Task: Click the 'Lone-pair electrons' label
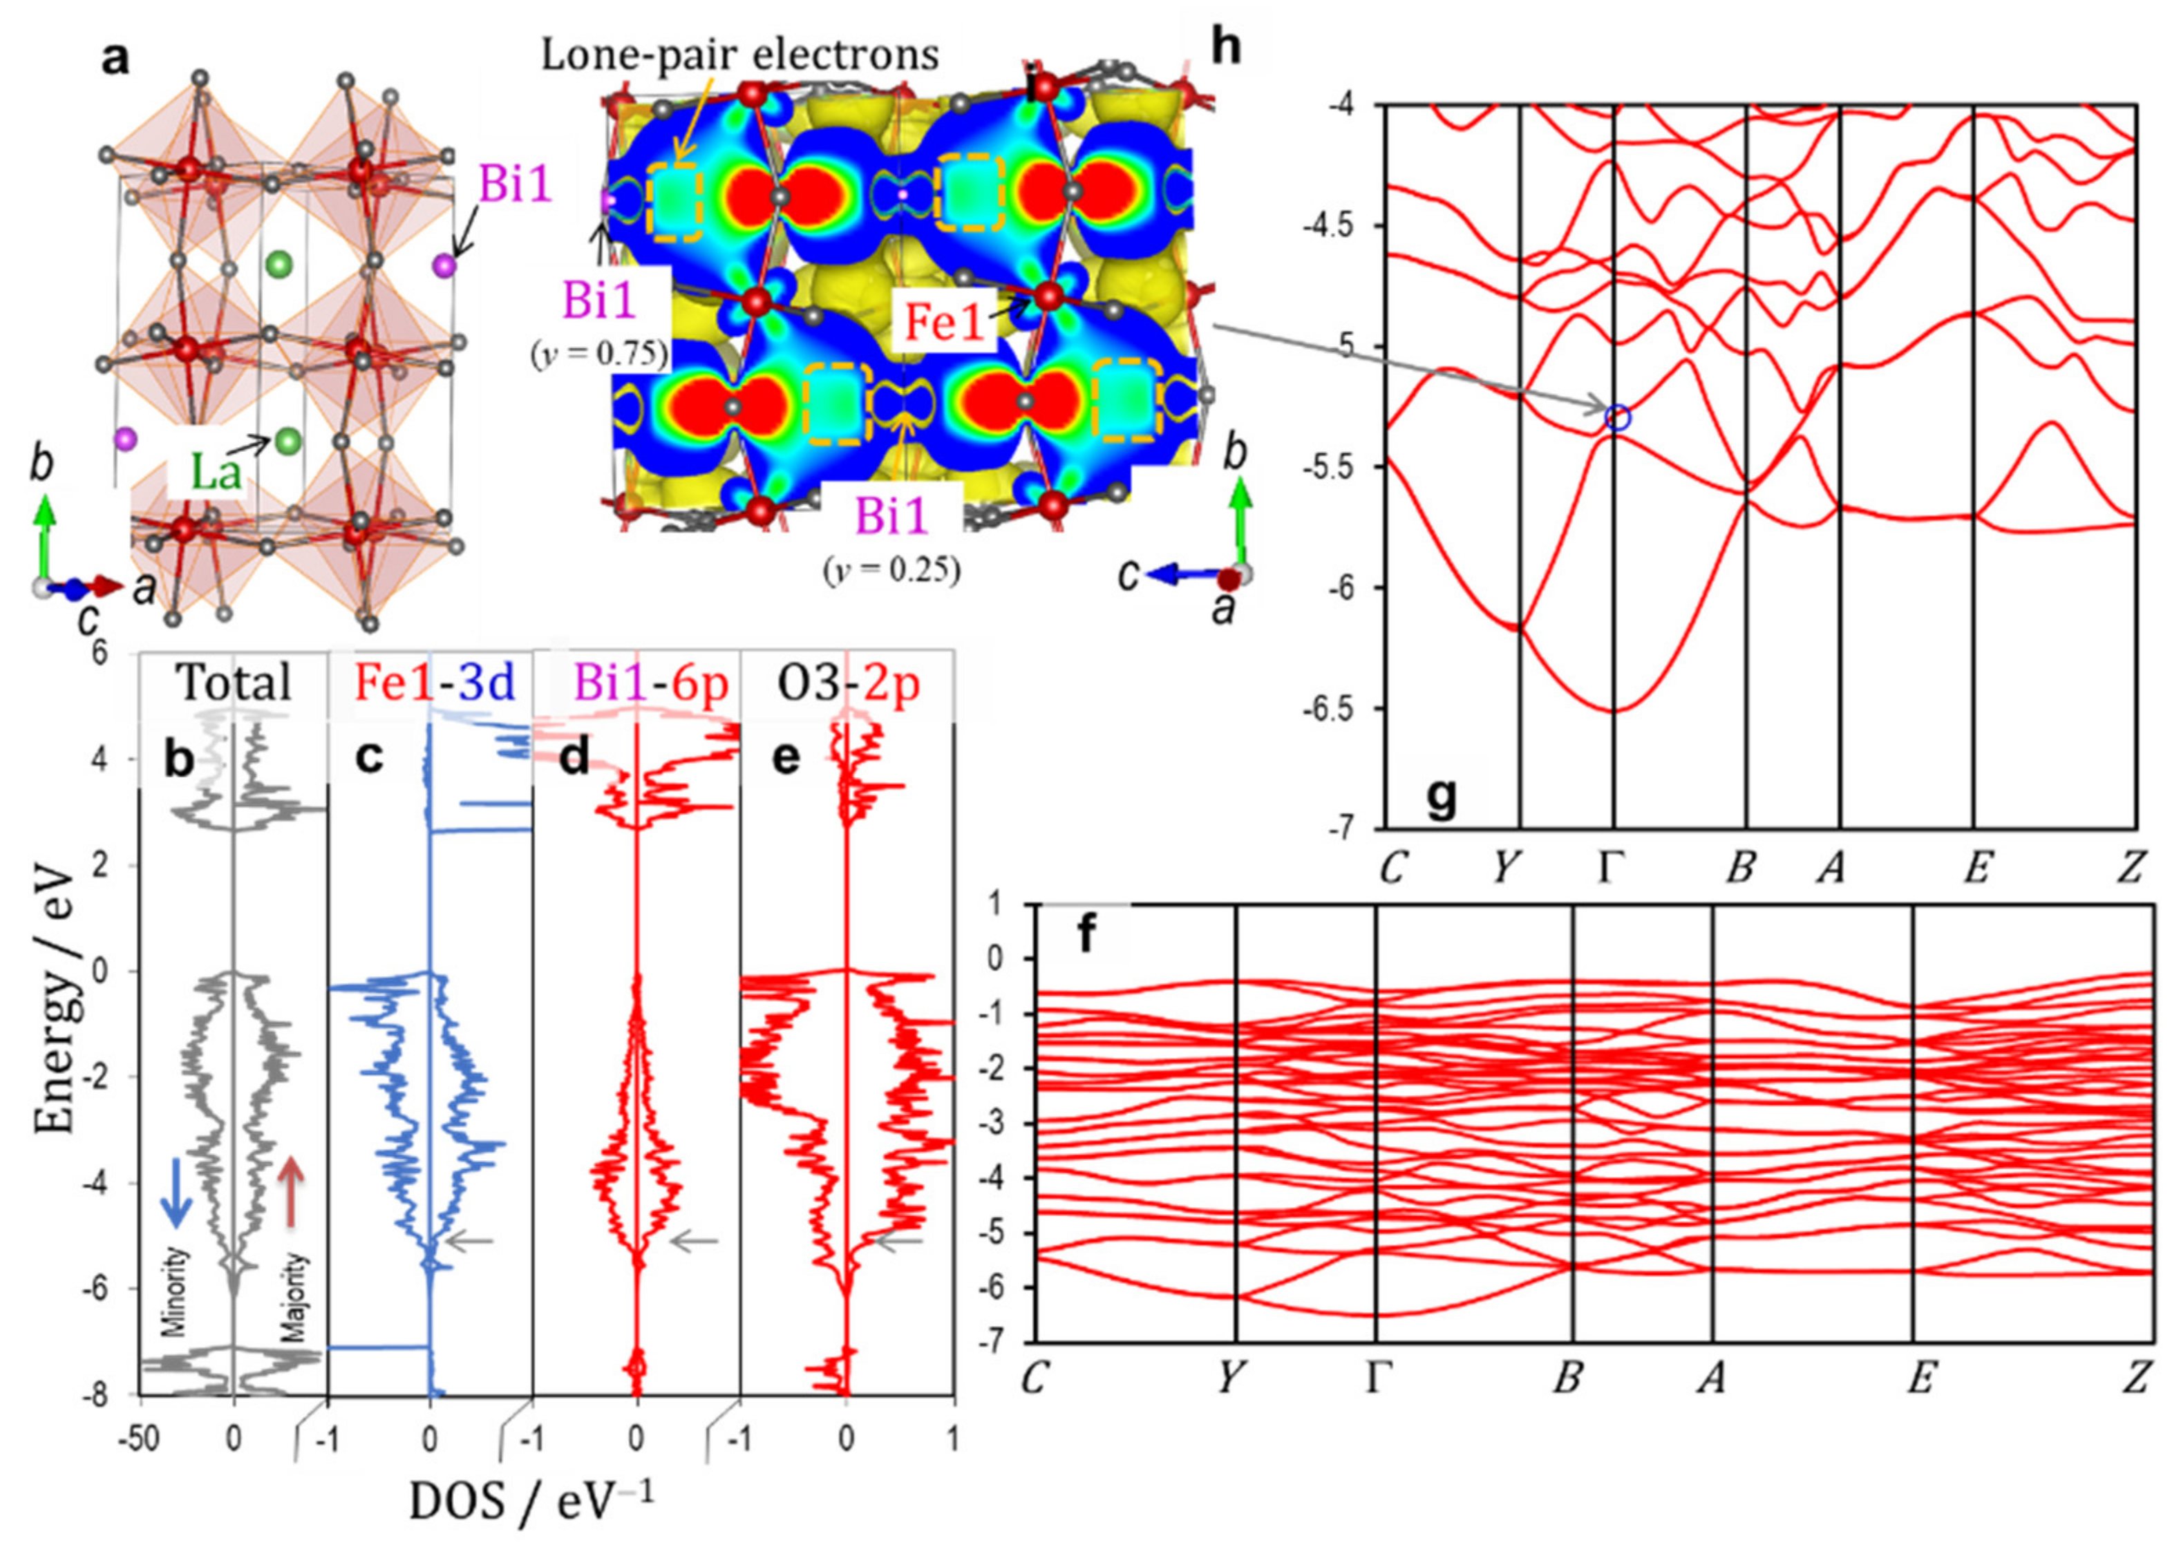739,55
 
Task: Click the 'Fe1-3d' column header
435,683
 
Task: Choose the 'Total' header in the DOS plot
233,683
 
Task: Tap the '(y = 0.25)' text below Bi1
891,570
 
